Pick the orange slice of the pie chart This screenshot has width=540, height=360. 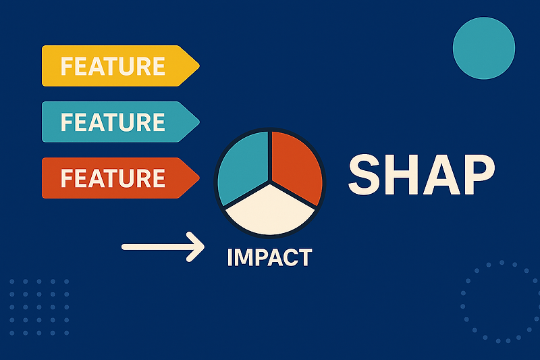296,166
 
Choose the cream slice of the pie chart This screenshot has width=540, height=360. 270,209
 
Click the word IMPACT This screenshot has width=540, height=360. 270,257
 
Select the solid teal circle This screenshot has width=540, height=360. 484,48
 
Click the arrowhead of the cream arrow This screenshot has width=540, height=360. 196,247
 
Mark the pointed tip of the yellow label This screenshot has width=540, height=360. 198,66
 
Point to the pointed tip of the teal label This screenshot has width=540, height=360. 198,122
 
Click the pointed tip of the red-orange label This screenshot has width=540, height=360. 198,178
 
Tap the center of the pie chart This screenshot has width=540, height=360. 270,181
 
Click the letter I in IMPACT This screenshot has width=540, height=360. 231,257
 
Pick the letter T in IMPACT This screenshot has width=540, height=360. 305,257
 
